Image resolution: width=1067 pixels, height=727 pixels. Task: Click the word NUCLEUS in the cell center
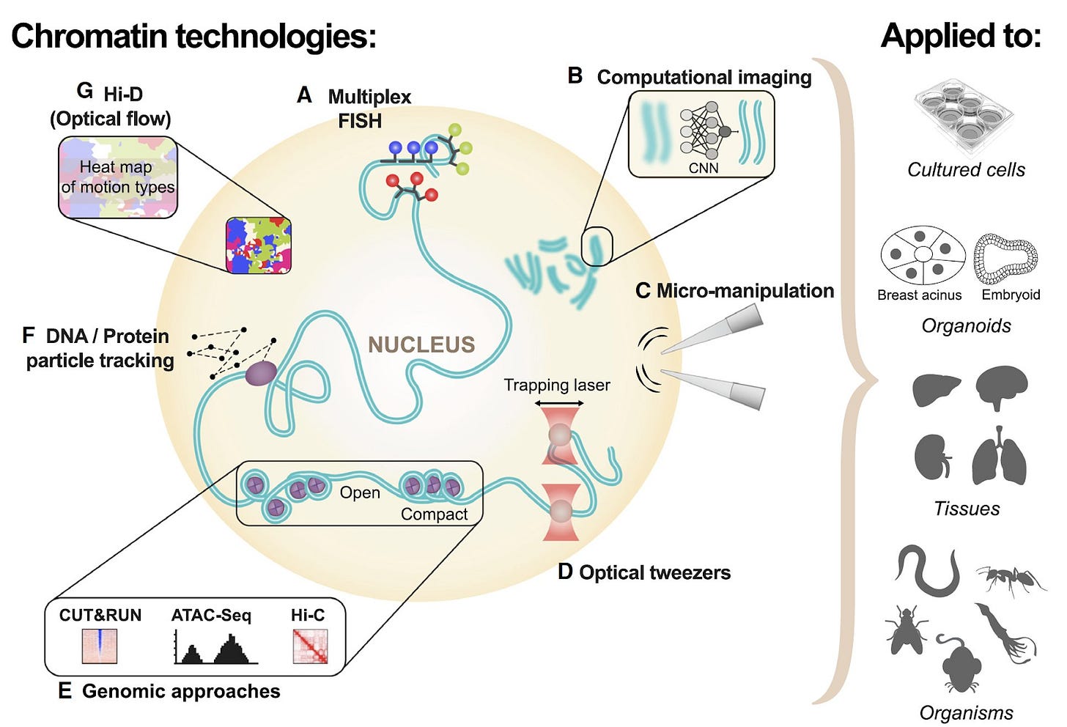point(421,344)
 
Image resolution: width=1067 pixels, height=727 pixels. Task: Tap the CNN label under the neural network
point(703,168)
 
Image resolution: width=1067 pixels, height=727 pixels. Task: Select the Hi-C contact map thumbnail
point(310,646)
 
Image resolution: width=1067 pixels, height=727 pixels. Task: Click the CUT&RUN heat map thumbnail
point(100,646)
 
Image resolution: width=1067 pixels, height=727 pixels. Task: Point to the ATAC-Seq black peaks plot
point(215,647)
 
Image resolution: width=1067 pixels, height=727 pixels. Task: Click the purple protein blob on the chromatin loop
point(261,373)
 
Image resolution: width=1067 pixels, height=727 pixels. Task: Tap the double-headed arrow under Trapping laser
point(558,404)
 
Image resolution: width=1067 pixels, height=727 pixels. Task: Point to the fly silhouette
point(907,630)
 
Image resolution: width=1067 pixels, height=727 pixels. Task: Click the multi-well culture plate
point(963,118)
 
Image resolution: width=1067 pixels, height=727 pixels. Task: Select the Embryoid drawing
point(1005,258)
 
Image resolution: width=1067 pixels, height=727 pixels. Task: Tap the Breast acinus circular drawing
point(923,255)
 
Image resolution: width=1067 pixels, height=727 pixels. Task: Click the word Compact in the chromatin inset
point(434,514)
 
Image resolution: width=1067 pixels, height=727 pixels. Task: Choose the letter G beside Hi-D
point(85,91)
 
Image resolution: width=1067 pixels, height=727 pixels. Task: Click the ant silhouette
point(1011,579)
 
